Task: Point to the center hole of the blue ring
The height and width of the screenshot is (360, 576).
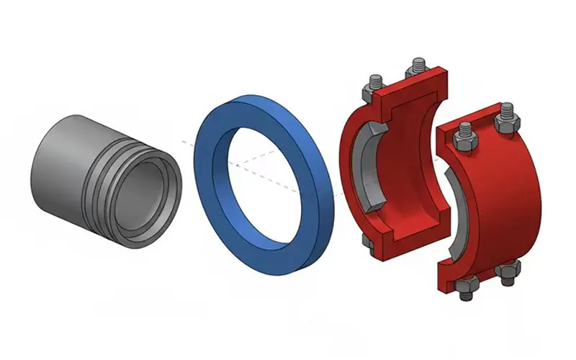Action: click(263, 173)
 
